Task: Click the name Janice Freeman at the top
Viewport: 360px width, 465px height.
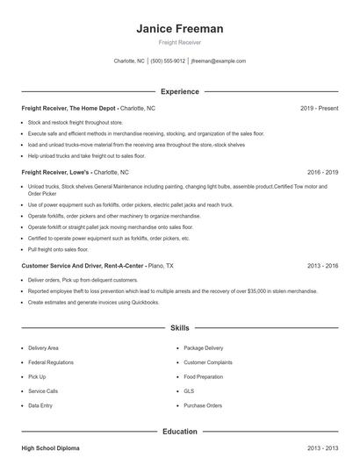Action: [x=179, y=28]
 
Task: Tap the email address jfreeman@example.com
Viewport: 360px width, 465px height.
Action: [x=218, y=61]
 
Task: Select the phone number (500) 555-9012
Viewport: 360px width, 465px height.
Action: [x=168, y=61]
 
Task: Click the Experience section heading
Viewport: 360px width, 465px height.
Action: [x=179, y=91]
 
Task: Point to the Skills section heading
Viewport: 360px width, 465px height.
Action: [x=179, y=328]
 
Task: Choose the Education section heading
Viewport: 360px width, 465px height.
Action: [x=179, y=432]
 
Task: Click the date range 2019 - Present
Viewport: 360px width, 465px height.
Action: [x=320, y=108]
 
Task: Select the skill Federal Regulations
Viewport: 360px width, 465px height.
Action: [x=50, y=361]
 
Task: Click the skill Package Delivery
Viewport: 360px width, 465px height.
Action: [x=204, y=347]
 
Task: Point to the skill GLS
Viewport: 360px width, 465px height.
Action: [x=189, y=391]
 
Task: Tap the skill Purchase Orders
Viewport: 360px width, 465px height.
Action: [x=203, y=406]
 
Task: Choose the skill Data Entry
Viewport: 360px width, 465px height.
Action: [x=41, y=406]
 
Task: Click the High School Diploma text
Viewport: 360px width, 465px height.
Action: [x=50, y=448]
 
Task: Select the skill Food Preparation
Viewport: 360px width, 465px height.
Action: [x=205, y=376]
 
